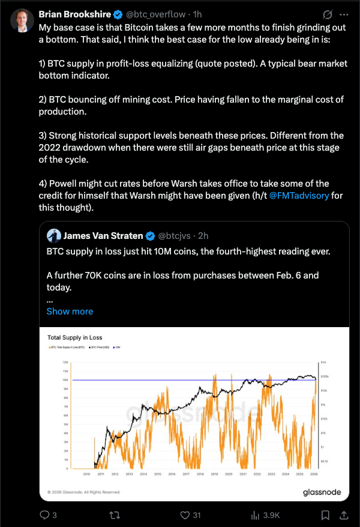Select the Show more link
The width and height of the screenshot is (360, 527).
[x=70, y=311]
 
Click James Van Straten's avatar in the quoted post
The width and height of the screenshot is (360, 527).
[x=53, y=235]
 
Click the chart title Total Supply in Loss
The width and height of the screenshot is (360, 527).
[x=75, y=338]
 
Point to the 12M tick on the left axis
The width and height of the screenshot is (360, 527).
[x=64, y=363]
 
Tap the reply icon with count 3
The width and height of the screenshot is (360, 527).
[x=44, y=514]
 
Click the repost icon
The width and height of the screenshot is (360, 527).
[x=113, y=514]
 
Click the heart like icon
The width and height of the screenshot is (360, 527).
[x=185, y=514]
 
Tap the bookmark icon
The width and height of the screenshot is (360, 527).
[x=325, y=514]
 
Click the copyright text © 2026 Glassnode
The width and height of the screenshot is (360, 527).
[x=84, y=492]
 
